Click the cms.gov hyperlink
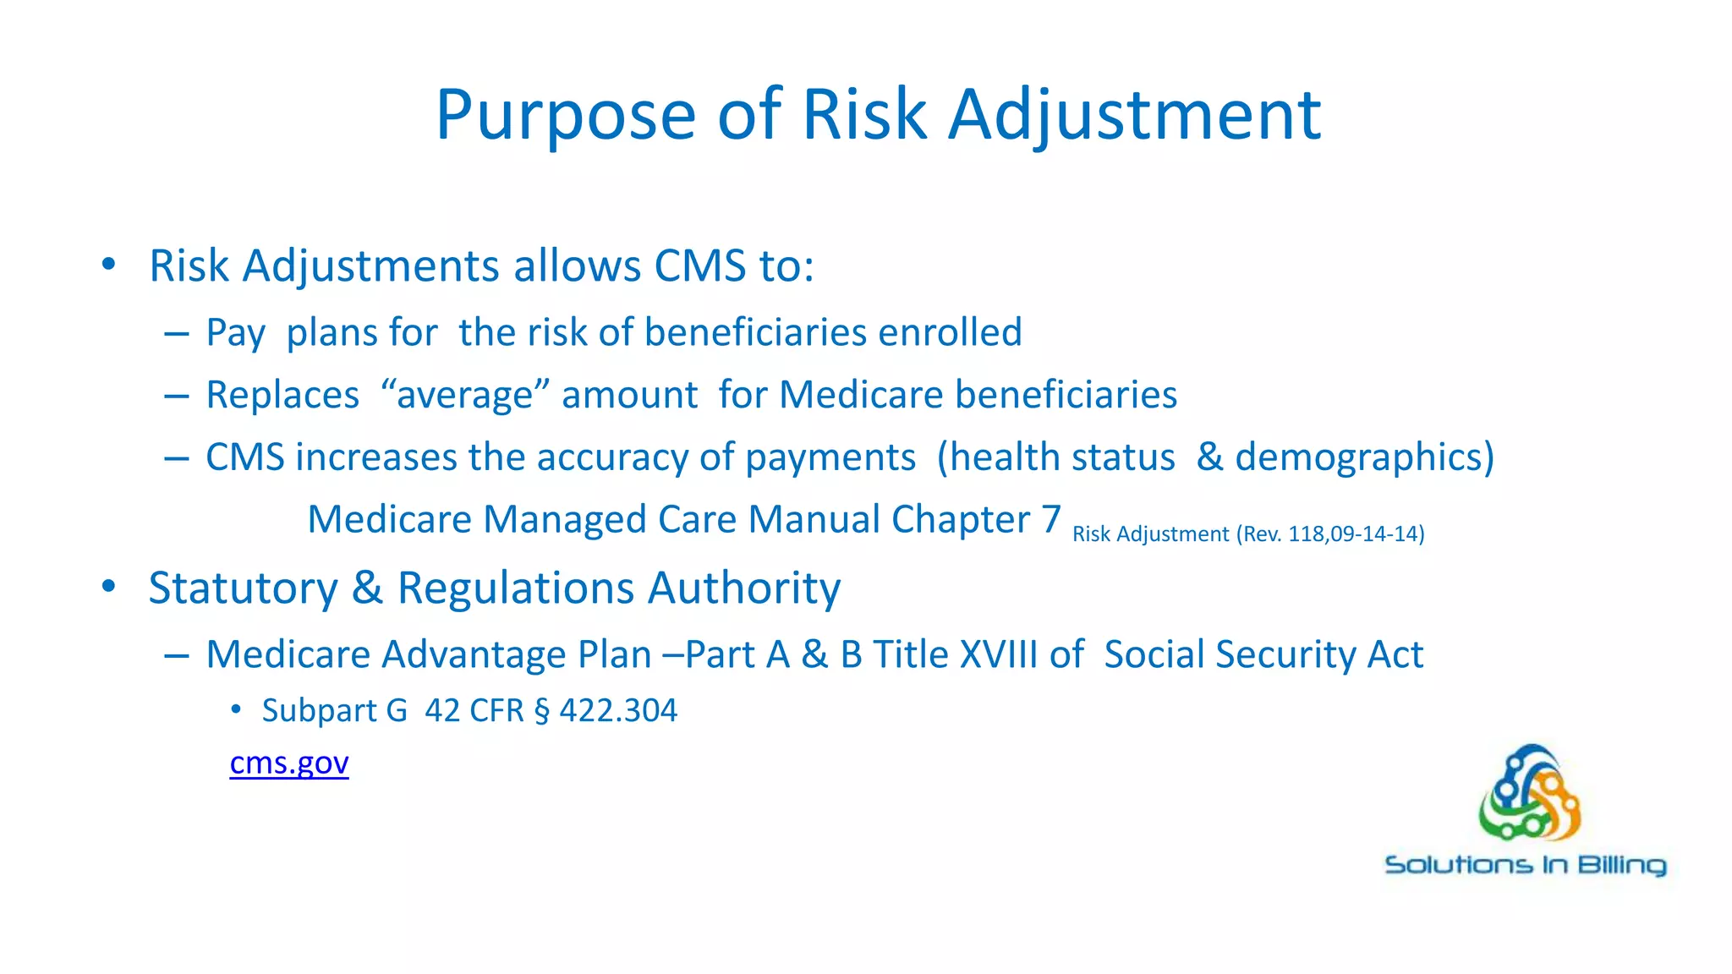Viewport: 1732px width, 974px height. pos(288,763)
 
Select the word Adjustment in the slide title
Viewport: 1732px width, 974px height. pos(1134,115)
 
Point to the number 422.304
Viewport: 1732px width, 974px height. pos(618,710)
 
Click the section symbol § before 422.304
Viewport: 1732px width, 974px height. pos(541,710)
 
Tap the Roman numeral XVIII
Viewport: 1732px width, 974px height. pos(999,654)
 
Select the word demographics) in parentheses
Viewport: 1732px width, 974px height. pos(1364,457)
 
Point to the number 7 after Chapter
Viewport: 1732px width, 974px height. pos(1050,518)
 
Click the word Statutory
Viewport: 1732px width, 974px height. pos(243,588)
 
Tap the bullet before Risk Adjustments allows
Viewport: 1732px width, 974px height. pos(108,265)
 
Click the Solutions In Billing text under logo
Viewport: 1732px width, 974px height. pos(1525,865)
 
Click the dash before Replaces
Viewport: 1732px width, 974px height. pos(177,396)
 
